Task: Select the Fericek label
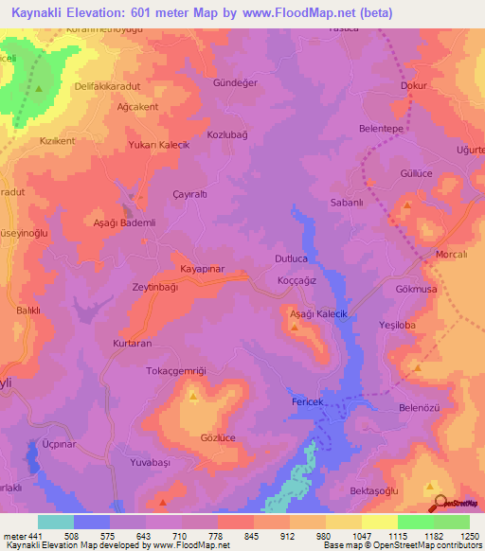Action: (x=308, y=403)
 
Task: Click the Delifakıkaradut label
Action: (x=107, y=86)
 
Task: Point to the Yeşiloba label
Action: (x=397, y=324)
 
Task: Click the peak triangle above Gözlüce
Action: (x=193, y=397)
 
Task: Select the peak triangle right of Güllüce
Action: (x=407, y=204)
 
